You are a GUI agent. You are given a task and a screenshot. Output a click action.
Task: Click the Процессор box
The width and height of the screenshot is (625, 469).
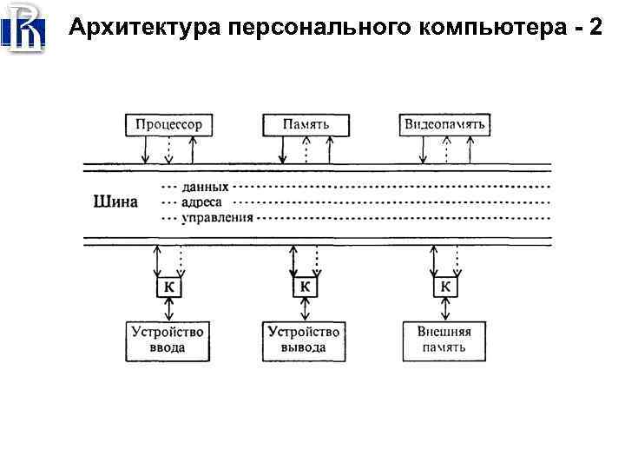click(168, 124)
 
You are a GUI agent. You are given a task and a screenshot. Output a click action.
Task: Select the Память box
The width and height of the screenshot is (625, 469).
click(306, 124)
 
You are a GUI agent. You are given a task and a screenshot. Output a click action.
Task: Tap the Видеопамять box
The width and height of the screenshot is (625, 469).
click(444, 124)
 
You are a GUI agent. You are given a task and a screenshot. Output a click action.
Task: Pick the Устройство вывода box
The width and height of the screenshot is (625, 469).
click(304, 340)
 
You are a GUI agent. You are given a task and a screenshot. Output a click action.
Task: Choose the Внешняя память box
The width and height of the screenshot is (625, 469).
click(444, 340)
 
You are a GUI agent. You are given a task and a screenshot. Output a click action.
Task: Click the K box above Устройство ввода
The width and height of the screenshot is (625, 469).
click(168, 287)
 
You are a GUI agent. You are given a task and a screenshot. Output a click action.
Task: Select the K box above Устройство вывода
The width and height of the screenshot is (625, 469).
click(305, 287)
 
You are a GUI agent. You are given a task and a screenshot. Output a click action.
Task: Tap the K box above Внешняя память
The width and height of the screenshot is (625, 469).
click(445, 287)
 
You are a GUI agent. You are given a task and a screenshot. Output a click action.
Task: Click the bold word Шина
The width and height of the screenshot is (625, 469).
click(115, 202)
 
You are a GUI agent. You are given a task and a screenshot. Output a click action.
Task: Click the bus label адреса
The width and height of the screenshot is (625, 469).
click(202, 202)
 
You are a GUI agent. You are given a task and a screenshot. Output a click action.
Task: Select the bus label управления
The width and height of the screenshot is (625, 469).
click(217, 217)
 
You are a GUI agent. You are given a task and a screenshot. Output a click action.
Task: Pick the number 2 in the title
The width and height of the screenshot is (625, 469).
click(594, 28)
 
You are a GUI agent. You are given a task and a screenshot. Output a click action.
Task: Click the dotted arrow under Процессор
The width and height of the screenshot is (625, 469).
click(168, 150)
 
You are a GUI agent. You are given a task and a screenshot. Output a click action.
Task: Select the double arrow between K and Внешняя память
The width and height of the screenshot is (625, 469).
click(445, 308)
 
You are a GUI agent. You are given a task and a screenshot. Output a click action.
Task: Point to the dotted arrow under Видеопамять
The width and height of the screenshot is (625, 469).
click(446, 150)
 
